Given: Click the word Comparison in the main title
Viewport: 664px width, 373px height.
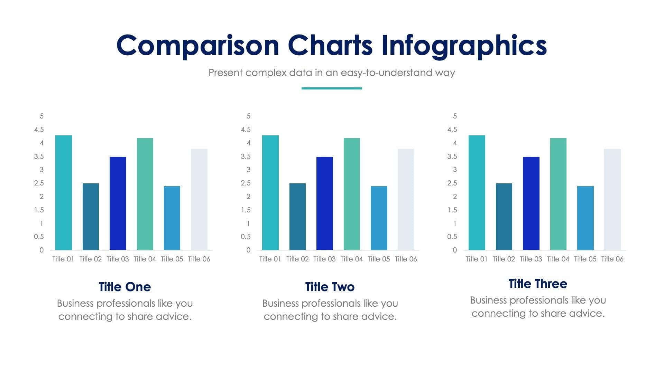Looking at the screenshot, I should click(x=197, y=46).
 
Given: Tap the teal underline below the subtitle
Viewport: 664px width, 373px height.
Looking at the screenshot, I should click(x=332, y=88).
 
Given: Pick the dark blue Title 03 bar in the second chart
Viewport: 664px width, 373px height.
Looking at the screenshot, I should click(x=324, y=203).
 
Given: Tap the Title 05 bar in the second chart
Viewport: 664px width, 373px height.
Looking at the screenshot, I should click(x=379, y=218).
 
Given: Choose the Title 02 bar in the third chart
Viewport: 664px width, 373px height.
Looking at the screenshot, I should click(x=504, y=217).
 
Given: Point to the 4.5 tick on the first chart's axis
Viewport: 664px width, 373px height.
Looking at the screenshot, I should click(x=39, y=130).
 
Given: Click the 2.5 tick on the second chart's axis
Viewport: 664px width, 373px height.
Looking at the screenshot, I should click(x=246, y=183).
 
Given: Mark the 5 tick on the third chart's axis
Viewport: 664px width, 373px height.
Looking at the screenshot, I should click(x=455, y=116).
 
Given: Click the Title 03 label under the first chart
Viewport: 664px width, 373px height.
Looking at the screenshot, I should click(x=118, y=259).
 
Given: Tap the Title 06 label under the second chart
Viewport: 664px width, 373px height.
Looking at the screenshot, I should click(x=406, y=259).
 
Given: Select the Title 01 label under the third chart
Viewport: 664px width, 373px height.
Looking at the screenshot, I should click(x=476, y=259).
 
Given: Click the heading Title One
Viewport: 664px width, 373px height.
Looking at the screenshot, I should click(x=124, y=287).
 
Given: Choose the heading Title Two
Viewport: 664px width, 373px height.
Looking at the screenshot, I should click(x=330, y=287).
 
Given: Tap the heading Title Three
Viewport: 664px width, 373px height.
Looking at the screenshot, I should click(x=537, y=284).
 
